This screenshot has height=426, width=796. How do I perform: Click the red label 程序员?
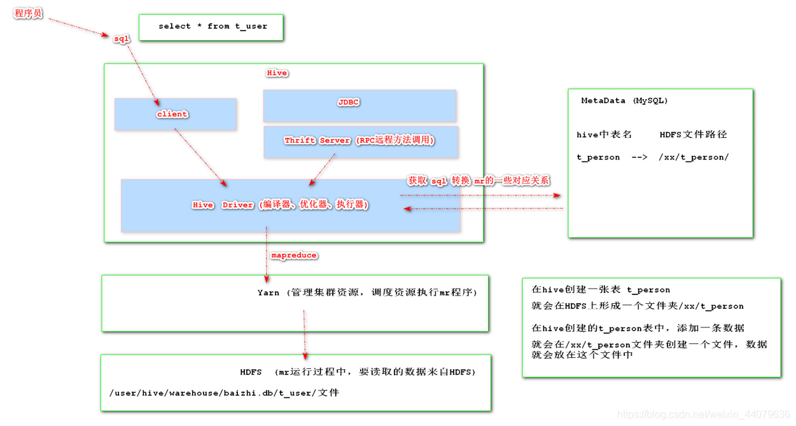pos(29,13)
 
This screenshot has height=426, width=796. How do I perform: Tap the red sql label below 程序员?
pos(121,39)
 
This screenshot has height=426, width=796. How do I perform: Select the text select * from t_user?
pos(213,26)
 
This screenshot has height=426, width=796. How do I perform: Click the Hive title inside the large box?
pos(276,73)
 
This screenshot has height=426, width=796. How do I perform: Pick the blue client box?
pos(175,114)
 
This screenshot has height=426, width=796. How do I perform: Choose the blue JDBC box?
pos(360,105)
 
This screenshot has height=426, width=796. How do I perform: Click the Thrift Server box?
pos(360,141)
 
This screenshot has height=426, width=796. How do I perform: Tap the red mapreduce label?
pos(293,255)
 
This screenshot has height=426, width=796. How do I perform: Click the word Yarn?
pos(268,292)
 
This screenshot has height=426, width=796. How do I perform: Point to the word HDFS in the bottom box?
pos(251,372)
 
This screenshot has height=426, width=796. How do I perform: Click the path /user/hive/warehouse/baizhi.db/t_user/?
pos(213,393)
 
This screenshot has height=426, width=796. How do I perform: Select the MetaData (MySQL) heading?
pos(624,100)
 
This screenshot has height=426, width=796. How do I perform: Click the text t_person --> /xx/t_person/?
pos(652,157)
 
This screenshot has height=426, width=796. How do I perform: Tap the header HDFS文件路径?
pos(693,135)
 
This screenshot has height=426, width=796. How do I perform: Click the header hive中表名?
pos(604,135)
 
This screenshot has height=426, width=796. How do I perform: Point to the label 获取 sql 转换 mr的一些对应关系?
pos(478,181)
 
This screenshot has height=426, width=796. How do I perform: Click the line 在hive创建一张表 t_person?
pos(601,289)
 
